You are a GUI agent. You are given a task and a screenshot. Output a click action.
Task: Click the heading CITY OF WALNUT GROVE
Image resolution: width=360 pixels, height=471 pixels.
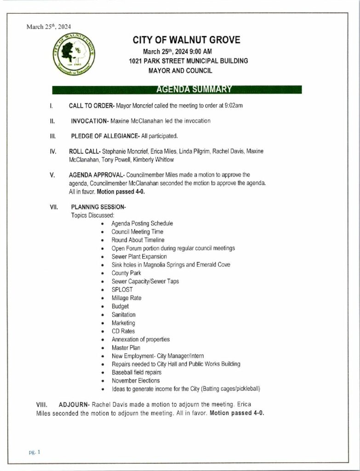pyautogui.click(x=186, y=40)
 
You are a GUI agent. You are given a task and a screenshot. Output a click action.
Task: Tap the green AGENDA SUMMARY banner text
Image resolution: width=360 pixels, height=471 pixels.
pyautogui.click(x=194, y=89)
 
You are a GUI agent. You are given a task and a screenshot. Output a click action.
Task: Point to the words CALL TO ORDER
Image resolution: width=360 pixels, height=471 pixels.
pyautogui.click(x=91, y=106)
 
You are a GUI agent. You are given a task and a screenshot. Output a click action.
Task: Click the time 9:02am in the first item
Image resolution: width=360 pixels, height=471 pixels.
pyautogui.click(x=234, y=106)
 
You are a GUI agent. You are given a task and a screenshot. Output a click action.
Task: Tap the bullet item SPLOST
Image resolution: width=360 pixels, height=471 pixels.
pyautogui.click(x=122, y=290)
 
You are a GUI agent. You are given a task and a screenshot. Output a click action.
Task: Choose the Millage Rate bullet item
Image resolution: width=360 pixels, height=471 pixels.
pyautogui.click(x=126, y=298)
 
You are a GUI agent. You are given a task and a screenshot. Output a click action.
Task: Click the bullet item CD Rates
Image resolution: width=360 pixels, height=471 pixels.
pyautogui.click(x=123, y=331)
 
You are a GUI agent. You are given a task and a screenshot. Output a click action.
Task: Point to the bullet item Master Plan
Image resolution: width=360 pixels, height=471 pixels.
pyautogui.click(x=126, y=348)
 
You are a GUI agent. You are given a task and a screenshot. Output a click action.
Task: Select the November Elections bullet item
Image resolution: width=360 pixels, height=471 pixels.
pyautogui.click(x=136, y=381)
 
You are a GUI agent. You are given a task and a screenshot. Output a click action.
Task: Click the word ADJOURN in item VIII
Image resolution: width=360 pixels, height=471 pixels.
pyautogui.click(x=74, y=405)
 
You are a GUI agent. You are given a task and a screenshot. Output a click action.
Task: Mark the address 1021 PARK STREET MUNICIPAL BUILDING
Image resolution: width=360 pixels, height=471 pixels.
pyautogui.click(x=189, y=61)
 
